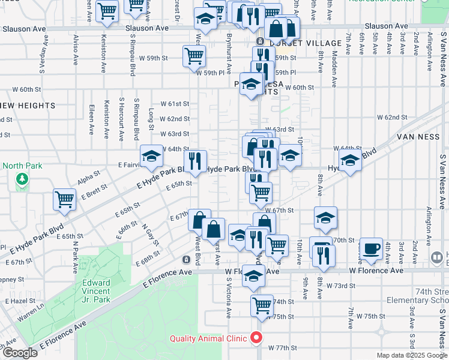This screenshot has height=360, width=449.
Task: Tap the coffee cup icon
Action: (370, 248)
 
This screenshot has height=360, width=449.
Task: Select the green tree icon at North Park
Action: (22, 179)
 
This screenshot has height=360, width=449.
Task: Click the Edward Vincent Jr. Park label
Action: (96, 290)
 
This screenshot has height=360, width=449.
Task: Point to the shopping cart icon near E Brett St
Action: (65, 200)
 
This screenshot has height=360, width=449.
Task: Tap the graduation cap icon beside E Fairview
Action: (152, 157)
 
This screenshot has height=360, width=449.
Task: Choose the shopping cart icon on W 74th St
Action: (262, 305)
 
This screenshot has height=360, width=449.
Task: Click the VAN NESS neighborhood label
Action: (418, 137)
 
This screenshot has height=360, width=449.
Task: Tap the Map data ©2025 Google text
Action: (412, 355)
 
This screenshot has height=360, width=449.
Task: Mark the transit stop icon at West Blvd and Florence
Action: (187, 259)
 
